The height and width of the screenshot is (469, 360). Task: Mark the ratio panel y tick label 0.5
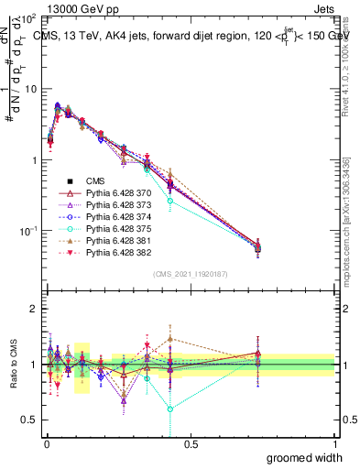tap(30, 421)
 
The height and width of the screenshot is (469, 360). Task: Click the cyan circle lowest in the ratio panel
tap(170, 409)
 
